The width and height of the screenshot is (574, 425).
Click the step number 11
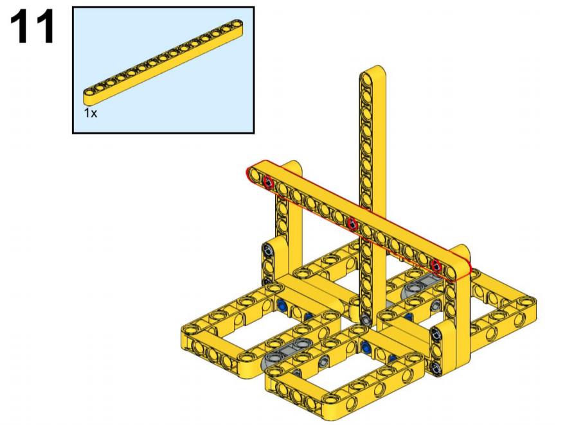[x=32, y=26]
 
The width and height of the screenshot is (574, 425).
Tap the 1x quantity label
[x=91, y=114]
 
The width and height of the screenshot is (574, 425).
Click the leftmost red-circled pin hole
[x=268, y=182]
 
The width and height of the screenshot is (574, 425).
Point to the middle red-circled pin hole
[x=352, y=223]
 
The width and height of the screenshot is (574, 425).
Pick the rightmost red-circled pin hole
[x=436, y=265]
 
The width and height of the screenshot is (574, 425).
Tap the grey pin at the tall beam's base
[x=366, y=319]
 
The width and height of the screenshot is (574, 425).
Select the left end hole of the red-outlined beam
[x=255, y=175]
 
